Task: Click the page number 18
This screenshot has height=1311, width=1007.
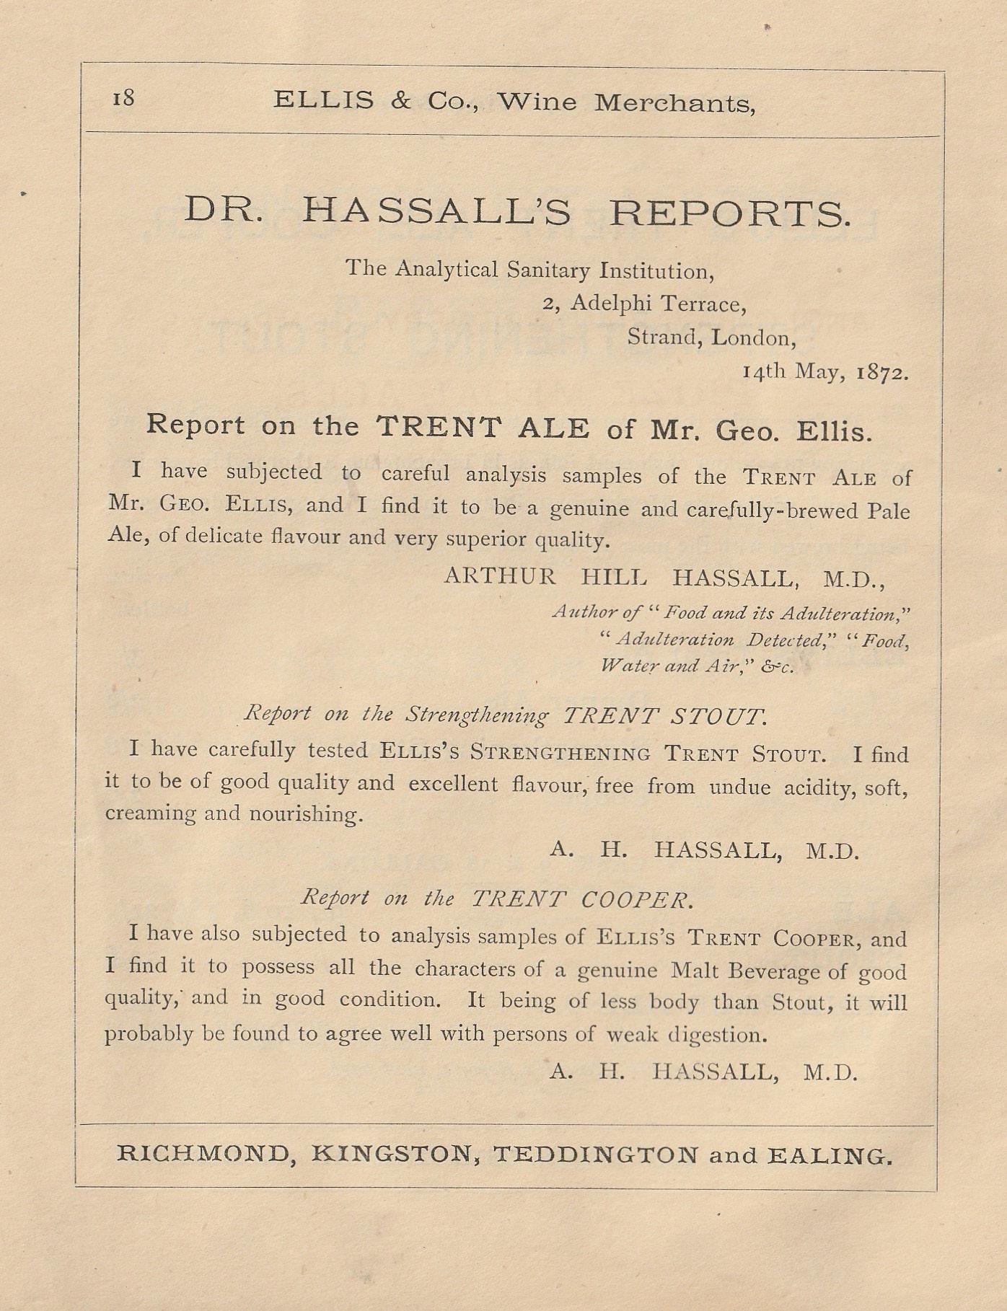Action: pos(123,97)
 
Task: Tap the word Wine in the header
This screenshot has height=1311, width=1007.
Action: pos(537,102)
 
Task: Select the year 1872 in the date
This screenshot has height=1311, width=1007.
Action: pos(882,373)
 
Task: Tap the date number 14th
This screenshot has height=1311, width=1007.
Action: pos(765,371)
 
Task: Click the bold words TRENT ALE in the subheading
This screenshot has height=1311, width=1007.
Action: pos(483,428)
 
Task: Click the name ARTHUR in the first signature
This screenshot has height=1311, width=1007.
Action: pos(500,576)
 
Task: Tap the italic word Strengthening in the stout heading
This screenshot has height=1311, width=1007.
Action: pos(477,715)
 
